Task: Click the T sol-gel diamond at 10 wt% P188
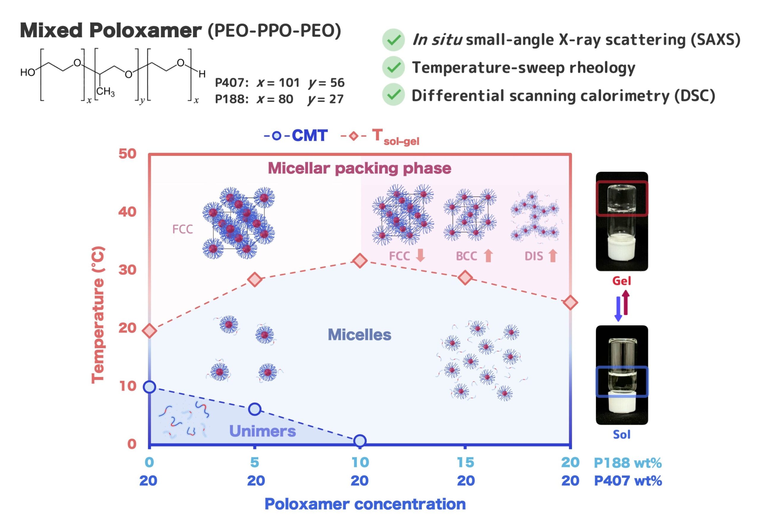[x=360, y=261]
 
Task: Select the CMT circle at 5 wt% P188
[x=254, y=409]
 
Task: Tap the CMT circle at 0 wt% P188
[x=149, y=387]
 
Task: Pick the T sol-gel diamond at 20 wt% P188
[x=571, y=302]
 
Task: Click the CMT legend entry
[x=296, y=135]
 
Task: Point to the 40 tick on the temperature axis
[x=127, y=212]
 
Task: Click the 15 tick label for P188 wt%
[x=465, y=462]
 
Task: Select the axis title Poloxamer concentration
[x=365, y=504]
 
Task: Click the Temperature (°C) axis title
[x=98, y=315]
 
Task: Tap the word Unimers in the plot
[x=262, y=431]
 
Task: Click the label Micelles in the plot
[x=359, y=335]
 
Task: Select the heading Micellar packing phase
[x=359, y=168]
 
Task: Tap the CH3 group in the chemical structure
[x=105, y=91]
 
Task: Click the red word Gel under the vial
[x=621, y=281]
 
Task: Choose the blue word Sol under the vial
[x=621, y=434]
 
